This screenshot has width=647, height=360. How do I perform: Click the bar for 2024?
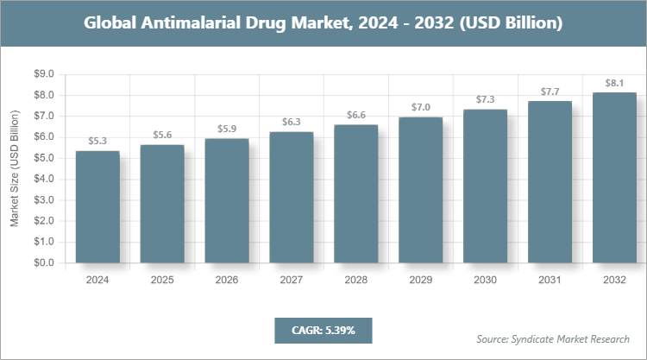pos(97,206)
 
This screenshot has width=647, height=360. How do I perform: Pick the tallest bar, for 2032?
pos(614,177)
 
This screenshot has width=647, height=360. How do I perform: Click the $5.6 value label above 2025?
pos(162,135)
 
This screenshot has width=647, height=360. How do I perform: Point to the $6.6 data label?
pos(356,115)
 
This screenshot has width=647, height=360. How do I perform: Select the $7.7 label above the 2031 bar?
pos(550,92)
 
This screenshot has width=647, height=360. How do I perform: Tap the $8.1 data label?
pos(614,83)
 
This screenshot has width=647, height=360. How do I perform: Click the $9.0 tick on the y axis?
pos(42,74)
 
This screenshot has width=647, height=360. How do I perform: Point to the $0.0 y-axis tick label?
pos(42,262)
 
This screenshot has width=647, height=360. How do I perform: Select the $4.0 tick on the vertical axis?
pos(42,179)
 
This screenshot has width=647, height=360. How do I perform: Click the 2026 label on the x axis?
pos(227,281)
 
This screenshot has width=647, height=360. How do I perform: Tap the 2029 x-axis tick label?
pos(421,281)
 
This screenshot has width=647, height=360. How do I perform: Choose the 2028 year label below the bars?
pos(356,281)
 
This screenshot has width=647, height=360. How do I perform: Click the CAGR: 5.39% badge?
pos(323,331)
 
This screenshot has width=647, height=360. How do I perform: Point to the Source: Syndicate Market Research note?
pos(553,338)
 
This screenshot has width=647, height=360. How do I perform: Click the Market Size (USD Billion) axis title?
pos(15,168)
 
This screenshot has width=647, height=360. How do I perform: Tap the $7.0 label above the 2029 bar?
pos(421,107)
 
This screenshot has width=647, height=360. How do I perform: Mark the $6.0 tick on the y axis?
pos(42,137)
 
